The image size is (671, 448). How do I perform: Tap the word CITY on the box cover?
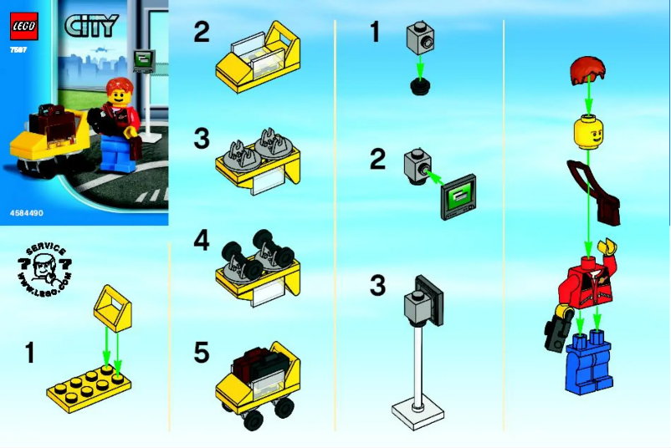point(90,26)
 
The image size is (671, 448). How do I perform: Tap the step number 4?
point(202,242)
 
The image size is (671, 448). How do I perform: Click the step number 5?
point(202,353)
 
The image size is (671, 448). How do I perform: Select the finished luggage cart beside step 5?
point(259,380)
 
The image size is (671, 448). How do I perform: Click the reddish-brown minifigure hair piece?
point(589,73)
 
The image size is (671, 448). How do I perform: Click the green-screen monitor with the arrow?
point(458,197)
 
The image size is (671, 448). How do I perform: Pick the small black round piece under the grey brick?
point(420,86)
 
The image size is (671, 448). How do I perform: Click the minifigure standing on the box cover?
point(118,125)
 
